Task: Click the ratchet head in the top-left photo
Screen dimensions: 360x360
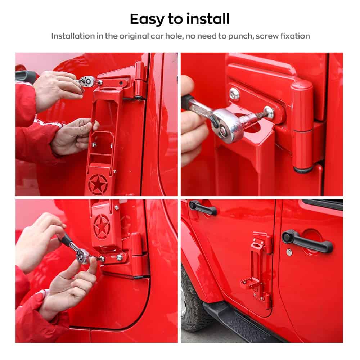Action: point(88,81)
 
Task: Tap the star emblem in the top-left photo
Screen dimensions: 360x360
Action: point(98,185)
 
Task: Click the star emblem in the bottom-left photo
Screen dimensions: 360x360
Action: point(102,226)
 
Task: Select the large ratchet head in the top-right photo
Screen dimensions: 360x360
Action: point(227,126)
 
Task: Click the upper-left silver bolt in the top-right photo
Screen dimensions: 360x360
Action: point(234,94)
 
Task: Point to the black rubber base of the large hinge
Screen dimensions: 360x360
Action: point(303,170)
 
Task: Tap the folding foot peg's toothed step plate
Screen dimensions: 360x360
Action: point(251,284)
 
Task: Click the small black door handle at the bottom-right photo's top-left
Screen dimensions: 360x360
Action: point(202,207)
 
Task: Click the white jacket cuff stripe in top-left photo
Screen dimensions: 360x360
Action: point(49,123)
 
